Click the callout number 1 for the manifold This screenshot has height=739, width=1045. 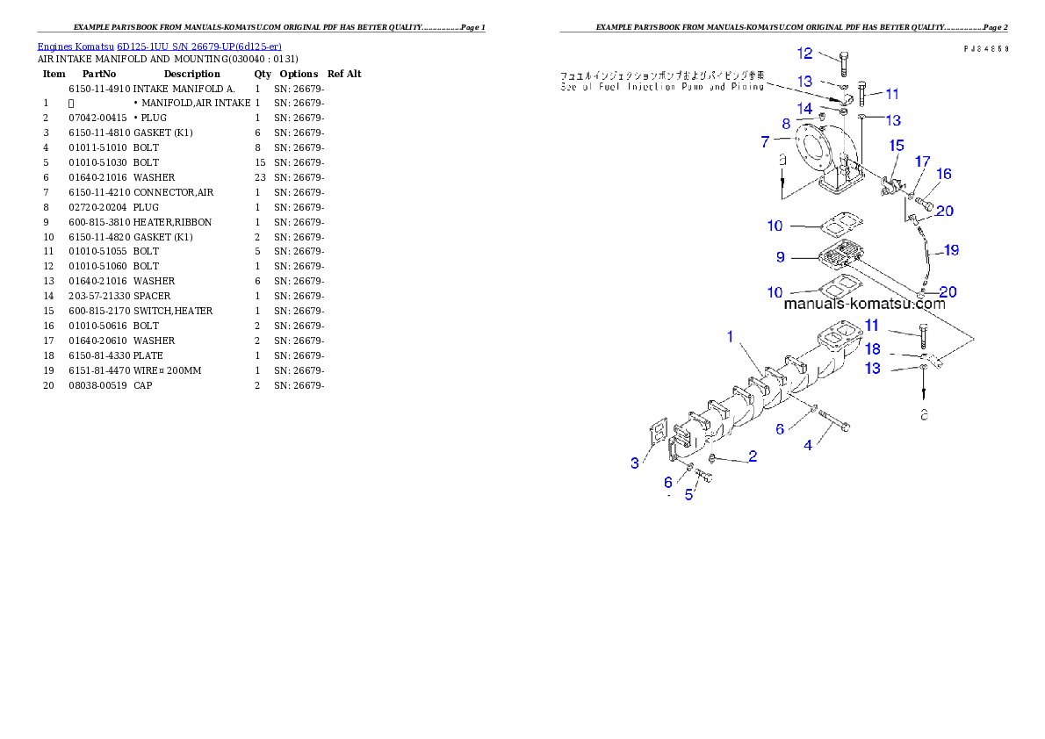tap(729, 336)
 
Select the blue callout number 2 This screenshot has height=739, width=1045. tap(753, 456)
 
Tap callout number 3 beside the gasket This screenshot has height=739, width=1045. tap(635, 463)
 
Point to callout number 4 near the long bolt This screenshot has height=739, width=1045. tap(808, 445)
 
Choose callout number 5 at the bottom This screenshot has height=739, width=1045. tap(689, 495)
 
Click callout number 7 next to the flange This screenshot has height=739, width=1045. tap(765, 140)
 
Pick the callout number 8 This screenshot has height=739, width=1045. tap(787, 124)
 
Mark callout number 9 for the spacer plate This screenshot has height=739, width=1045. tap(780, 257)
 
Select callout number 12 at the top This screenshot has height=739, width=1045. tap(804, 54)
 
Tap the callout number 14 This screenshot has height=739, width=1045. tap(804, 108)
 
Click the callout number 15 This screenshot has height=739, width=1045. tap(897, 145)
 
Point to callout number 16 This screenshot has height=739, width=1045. tap(944, 174)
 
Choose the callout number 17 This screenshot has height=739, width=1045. tap(922, 161)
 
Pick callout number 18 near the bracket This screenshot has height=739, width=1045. tap(872, 349)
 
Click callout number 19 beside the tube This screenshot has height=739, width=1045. tap(951, 250)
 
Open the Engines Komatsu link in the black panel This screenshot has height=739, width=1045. tap(159, 47)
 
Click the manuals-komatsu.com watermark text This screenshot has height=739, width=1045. tap(864, 305)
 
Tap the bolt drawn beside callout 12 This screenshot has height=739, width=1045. tap(843, 63)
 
